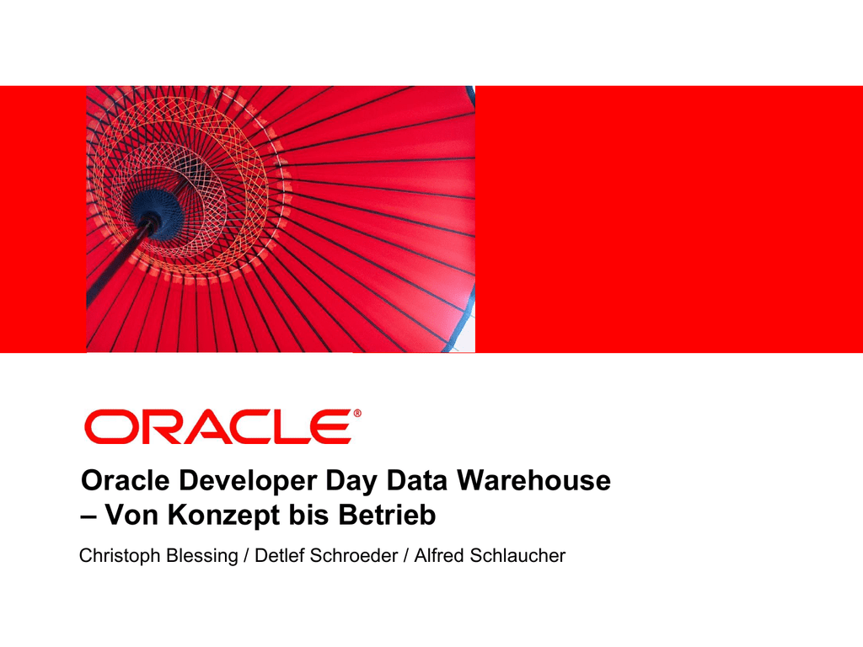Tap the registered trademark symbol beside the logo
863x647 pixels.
click(357, 413)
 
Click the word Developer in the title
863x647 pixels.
click(248, 481)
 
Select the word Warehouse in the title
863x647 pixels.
click(533, 480)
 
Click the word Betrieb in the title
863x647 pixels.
click(387, 515)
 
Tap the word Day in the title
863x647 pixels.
click(351, 481)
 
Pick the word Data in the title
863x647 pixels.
click(417, 480)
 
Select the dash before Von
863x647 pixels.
click(88, 517)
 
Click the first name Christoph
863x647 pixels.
click(120, 556)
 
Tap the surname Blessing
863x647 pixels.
click(202, 556)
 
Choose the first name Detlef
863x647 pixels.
click(279, 555)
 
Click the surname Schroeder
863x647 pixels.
click(354, 555)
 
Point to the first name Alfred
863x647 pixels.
click(438, 555)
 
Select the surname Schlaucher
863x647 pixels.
click(517, 555)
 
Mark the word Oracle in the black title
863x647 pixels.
click(126, 480)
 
